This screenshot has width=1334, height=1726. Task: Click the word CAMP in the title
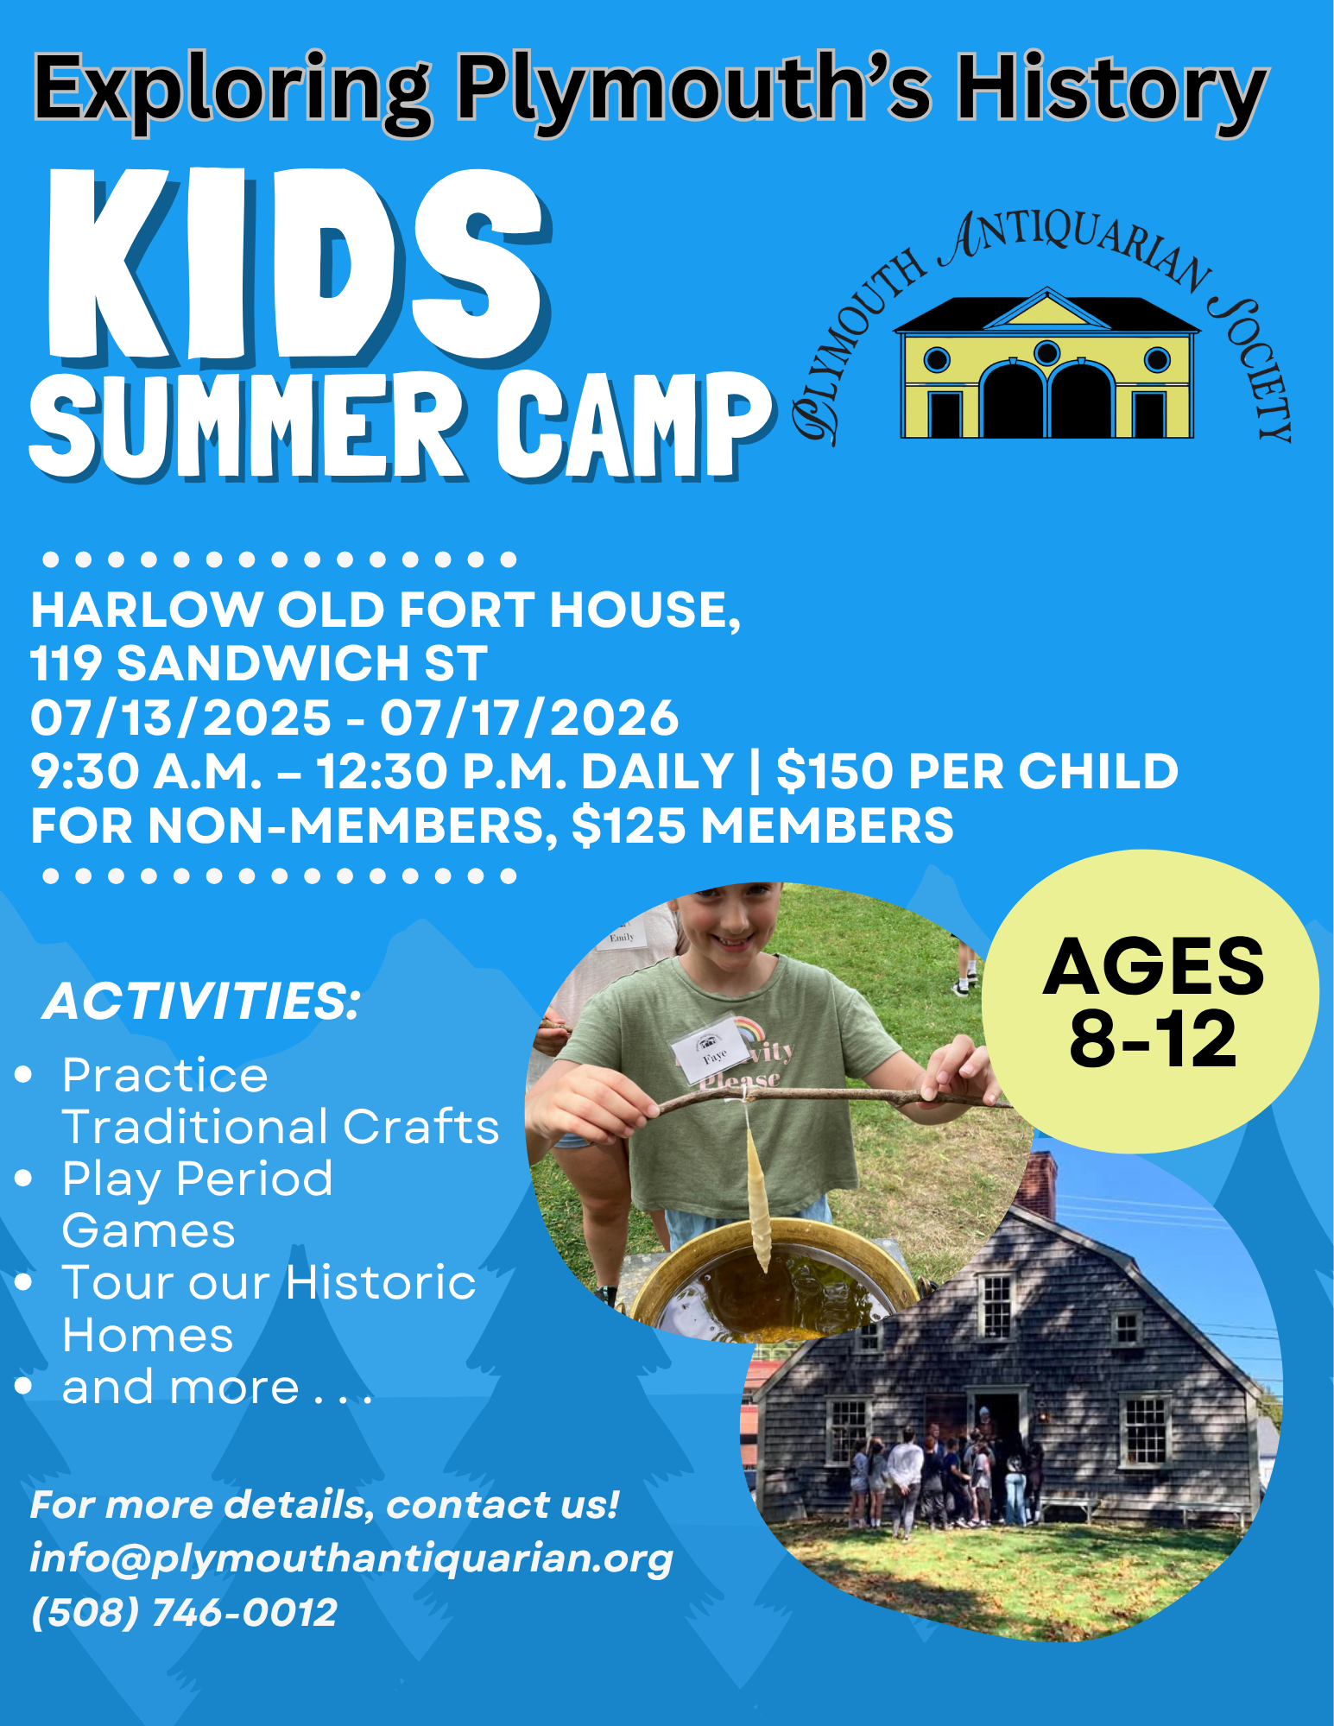point(635,426)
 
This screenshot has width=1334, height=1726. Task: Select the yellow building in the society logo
point(1046,363)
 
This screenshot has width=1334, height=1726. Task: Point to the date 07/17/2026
point(529,718)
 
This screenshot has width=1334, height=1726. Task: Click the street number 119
point(66,663)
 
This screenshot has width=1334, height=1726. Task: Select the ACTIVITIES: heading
point(201,1002)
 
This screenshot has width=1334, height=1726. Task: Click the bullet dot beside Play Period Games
point(23,1178)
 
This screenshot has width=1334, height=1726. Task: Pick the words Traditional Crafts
point(281,1127)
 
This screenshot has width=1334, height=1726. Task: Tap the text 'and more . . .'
point(217,1388)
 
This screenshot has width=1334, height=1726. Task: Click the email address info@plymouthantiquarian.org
point(351,1558)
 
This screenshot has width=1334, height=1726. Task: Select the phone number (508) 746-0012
point(184,1612)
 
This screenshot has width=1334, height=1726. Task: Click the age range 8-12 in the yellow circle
point(1153,1039)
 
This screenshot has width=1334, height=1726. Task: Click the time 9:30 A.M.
point(146,771)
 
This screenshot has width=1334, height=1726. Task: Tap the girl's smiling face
point(725,923)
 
